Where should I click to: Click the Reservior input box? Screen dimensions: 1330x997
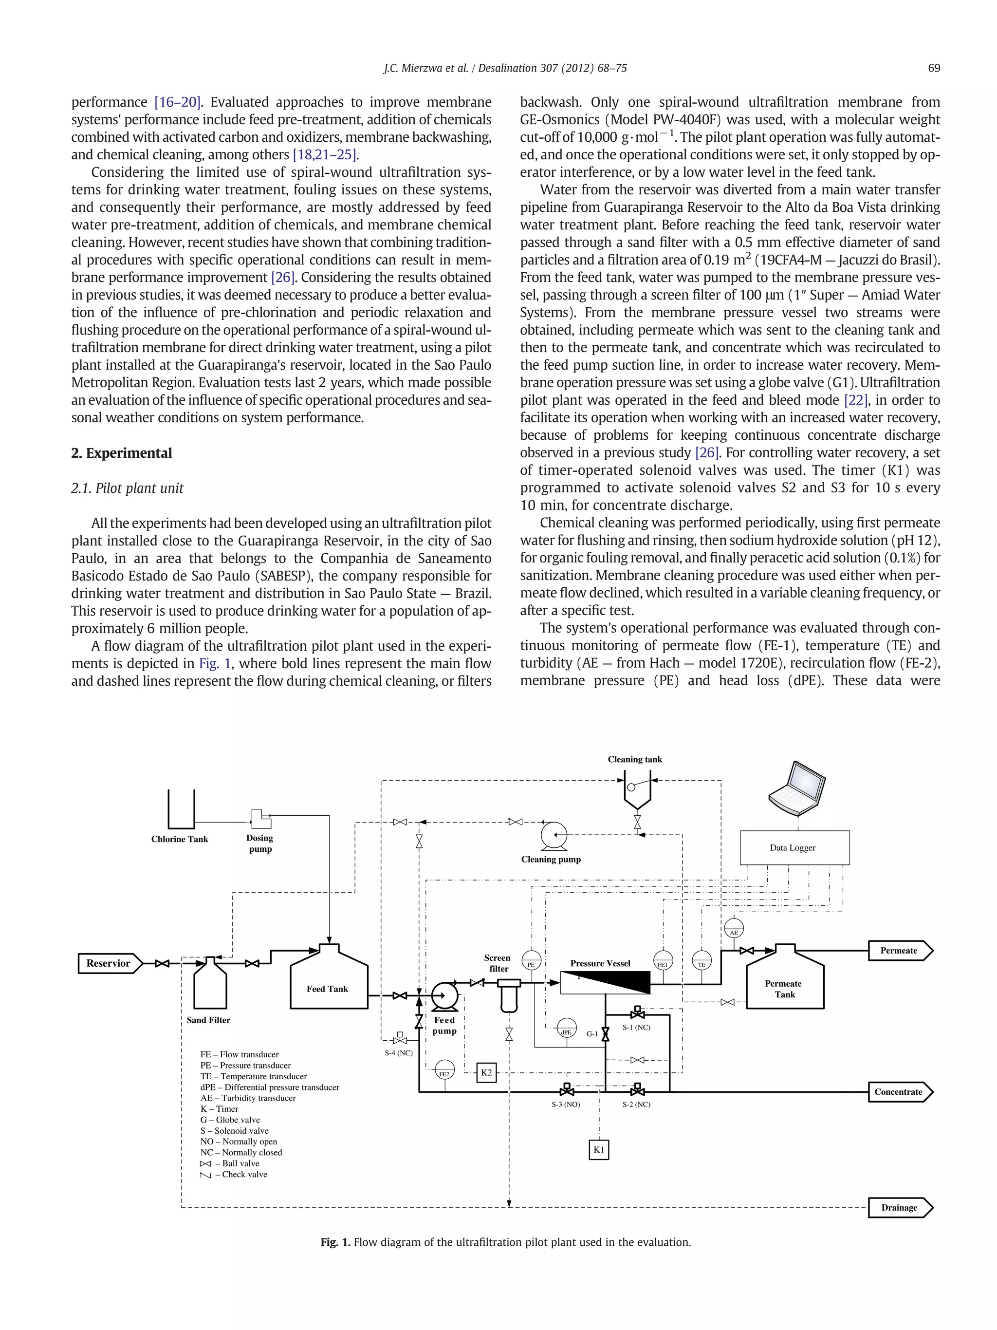109,963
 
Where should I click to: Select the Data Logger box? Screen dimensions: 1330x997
794,847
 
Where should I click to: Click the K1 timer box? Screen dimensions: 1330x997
599,1149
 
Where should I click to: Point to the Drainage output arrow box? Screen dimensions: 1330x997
900,1207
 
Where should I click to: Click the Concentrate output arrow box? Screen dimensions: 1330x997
900,1091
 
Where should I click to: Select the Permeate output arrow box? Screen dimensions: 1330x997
900,950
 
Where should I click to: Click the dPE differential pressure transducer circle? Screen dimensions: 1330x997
566,1028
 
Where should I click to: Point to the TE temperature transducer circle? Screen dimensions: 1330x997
702,960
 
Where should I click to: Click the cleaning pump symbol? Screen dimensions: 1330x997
554,835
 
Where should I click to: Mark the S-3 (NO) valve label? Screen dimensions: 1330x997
566,1105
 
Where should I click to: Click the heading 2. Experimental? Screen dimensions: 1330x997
121,453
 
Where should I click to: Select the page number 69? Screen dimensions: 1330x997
933,68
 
